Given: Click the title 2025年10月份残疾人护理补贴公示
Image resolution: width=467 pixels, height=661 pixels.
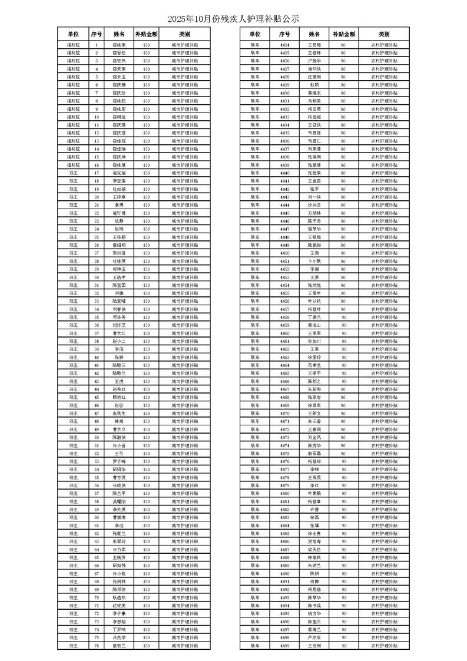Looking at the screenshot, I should [233, 19].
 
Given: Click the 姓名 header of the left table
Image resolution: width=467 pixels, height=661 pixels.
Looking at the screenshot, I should [119, 34].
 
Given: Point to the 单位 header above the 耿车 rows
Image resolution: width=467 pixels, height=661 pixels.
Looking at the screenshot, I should [254, 34].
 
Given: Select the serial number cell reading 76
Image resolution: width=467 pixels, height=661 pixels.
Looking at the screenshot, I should [97, 645].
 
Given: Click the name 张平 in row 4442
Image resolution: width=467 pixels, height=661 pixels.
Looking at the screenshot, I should [314, 189].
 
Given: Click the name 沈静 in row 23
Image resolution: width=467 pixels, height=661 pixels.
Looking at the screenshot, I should [119, 221].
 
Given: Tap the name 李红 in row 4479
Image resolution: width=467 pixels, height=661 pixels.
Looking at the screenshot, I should [314, 485].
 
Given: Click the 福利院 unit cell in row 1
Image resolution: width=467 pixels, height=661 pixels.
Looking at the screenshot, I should [73, 44].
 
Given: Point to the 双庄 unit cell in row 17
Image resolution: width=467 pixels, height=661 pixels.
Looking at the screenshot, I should [73, 173].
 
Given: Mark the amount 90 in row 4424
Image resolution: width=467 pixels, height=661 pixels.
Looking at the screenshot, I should [343, 44].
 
